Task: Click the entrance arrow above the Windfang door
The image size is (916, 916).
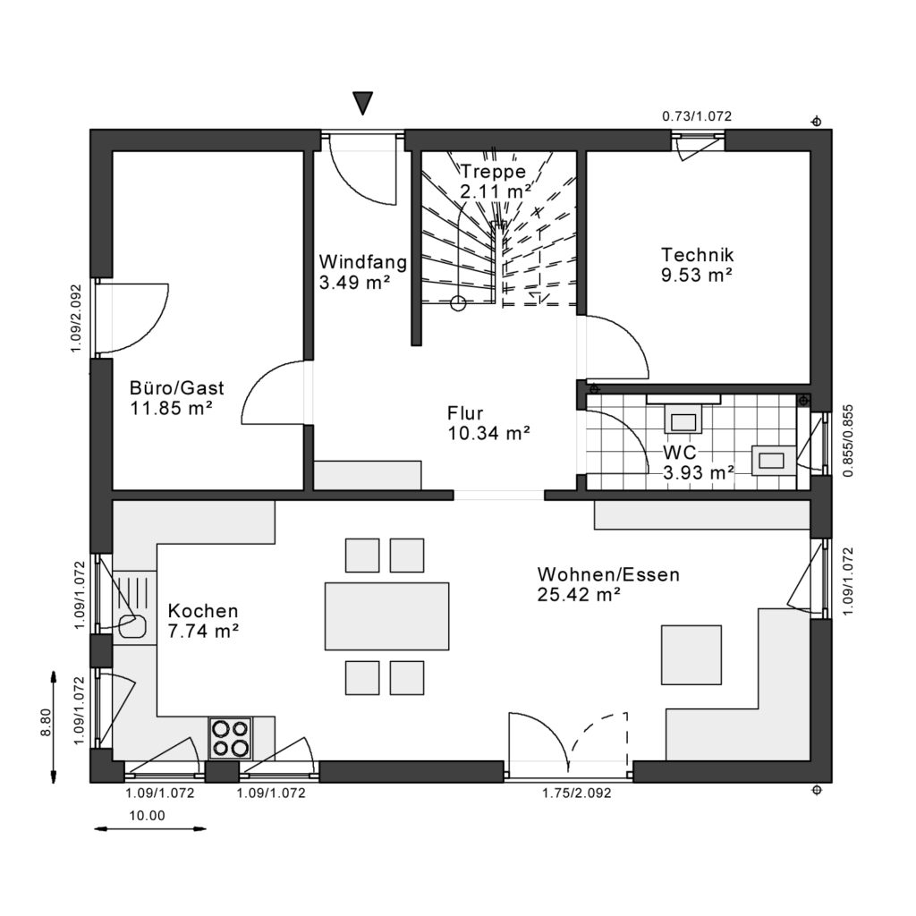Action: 362,102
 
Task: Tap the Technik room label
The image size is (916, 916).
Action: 697,254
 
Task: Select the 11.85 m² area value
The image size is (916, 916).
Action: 171,409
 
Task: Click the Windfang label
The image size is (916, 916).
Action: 363,263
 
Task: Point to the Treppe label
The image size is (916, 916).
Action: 493,172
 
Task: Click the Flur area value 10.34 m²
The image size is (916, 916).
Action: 488,434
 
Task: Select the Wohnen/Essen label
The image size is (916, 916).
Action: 608,574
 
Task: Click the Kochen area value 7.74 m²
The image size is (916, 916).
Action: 203,631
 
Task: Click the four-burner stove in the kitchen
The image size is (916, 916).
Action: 230,738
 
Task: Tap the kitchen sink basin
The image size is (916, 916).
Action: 131,625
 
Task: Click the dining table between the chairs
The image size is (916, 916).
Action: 386,615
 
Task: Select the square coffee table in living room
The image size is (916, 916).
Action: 691,655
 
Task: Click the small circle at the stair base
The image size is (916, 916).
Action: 458,303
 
